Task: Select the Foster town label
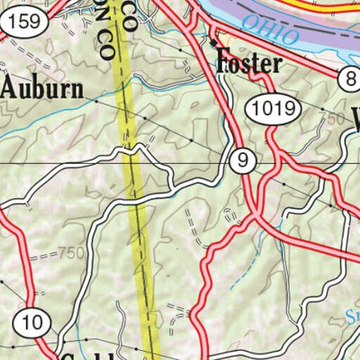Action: (x=249, y=63)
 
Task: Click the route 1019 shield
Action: (x=272, y=110)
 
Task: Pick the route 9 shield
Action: (x=238, y=162)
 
